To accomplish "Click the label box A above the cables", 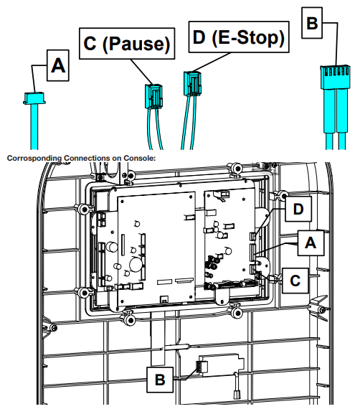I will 59,67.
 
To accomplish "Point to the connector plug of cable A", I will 32,96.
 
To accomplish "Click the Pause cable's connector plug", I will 153,92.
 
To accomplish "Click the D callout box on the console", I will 299,210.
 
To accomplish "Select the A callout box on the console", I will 311,243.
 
